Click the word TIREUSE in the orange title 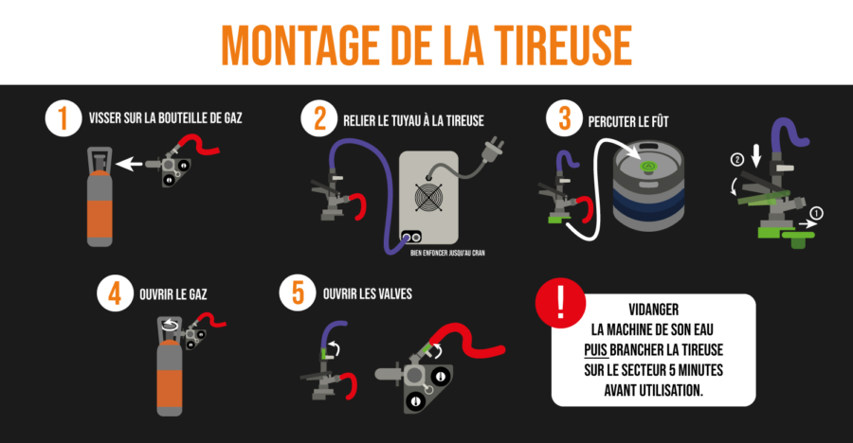(x=563, y=45)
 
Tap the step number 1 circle (x=64, y=118)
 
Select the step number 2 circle (x=319, y=118)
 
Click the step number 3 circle (x=564, y=118)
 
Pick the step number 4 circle (x=116, y=293)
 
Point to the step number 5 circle (x=298, y=292)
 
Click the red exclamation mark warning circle (x=560, y=303)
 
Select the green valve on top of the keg (x=647, y=166)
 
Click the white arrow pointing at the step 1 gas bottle (x=130, y=163)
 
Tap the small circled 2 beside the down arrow (x=737, y=160)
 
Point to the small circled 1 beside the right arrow (x=817, y=213)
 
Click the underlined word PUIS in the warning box (x=596, y=349)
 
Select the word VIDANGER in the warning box (x=653, y=310)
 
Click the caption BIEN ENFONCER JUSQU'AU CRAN (x=447, y=253)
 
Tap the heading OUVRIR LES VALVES (x=368, y=294)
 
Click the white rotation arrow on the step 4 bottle (x=171, y=325)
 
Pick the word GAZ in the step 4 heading (x=197, y=294)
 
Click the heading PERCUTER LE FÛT (x=628, y=120)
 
